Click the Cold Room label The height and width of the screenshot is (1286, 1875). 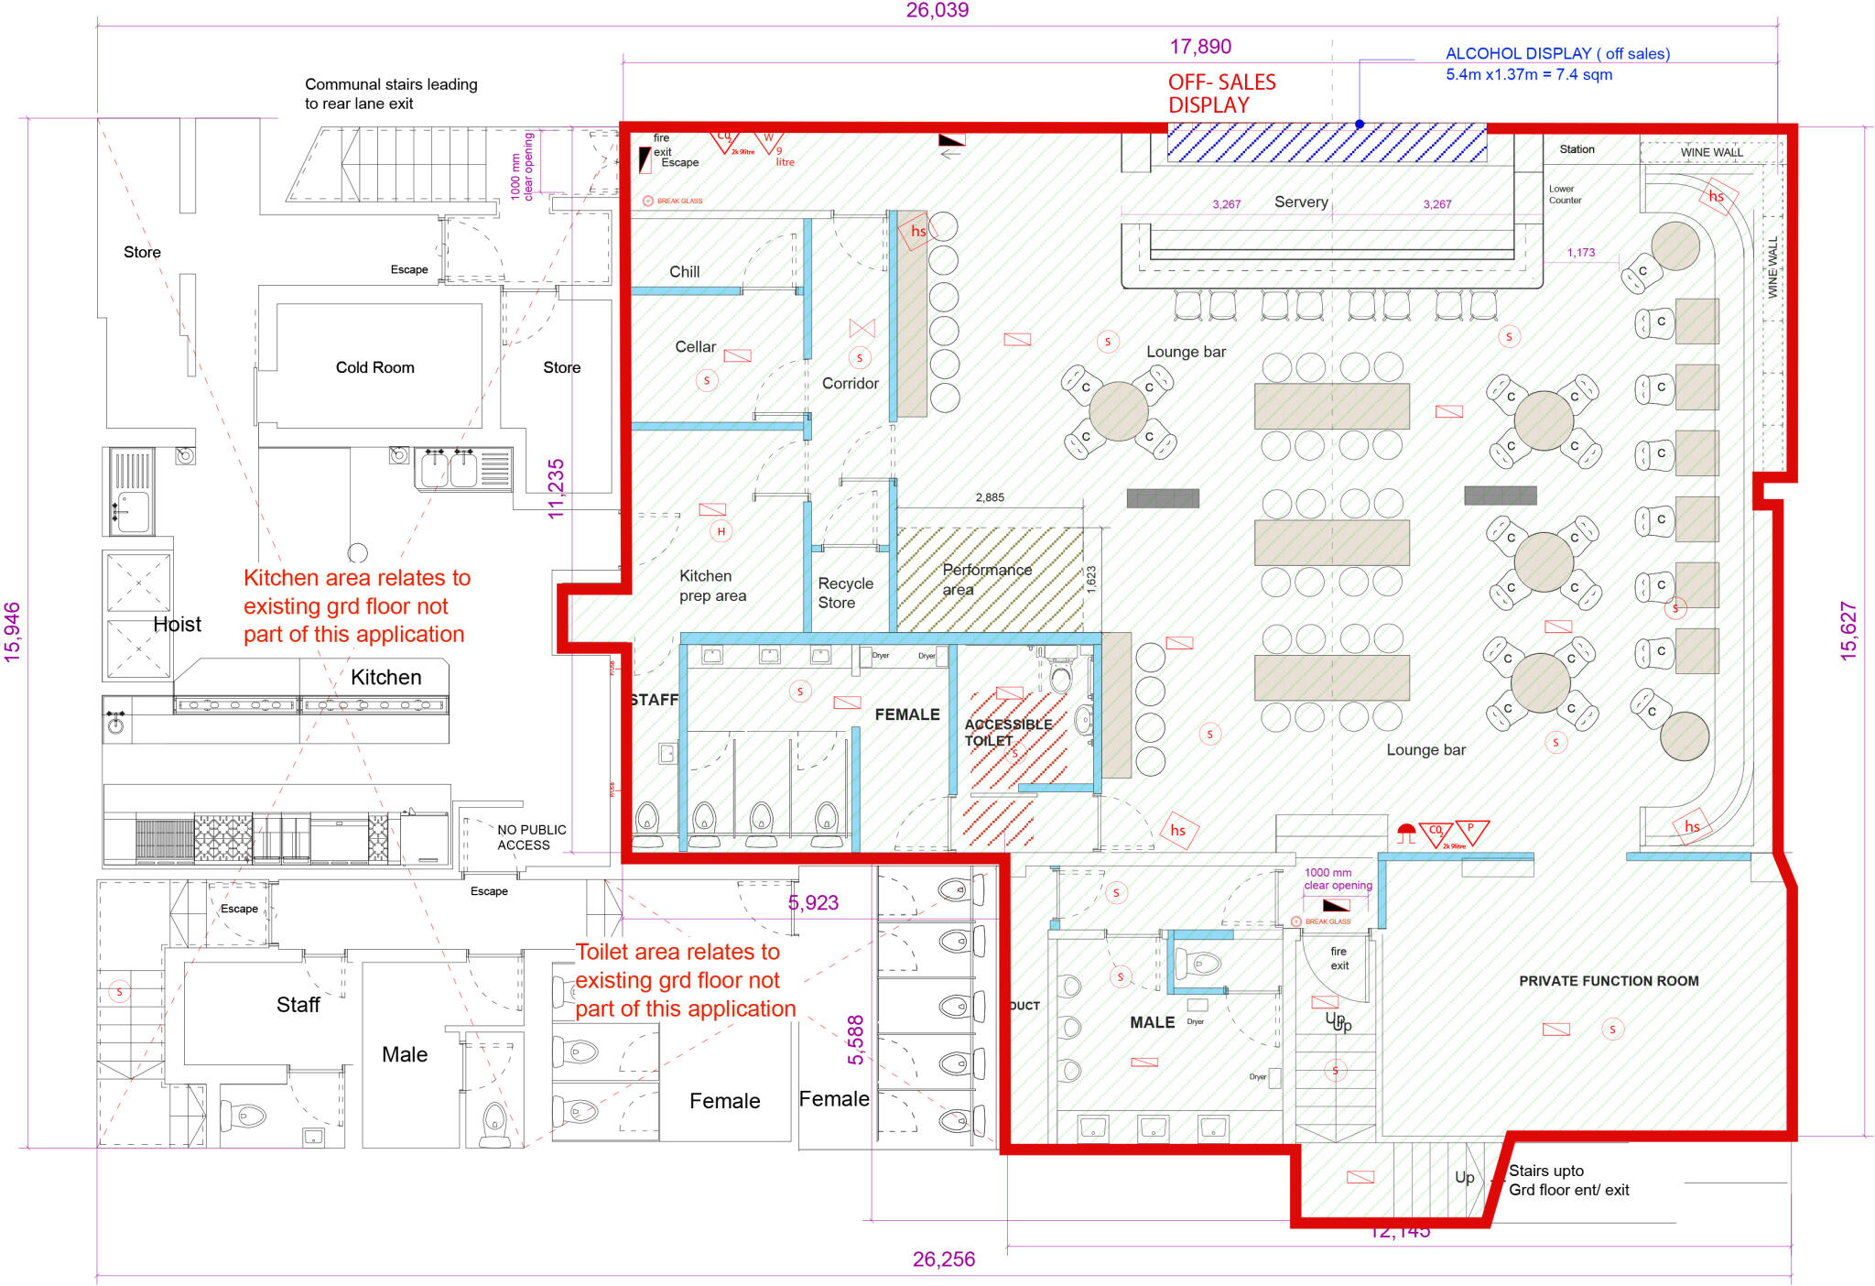click(374, 367)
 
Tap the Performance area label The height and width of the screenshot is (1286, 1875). click(986, 579)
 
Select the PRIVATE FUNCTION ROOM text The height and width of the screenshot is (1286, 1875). click(1609, 981)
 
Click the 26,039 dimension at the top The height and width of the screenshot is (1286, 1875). click(937, 10)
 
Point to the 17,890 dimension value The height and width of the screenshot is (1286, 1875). click(1200, 47)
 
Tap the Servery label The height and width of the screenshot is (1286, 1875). click(1301, 202)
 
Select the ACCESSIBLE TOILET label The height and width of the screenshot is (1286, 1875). click(1007, 732)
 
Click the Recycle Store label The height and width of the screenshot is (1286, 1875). click(845, 593)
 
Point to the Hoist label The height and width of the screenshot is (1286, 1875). click(177, 625)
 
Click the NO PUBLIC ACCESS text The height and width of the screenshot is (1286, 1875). click(530, 837)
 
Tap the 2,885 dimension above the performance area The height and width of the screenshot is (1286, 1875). click(989, 497)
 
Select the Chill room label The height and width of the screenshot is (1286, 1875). click(684, 272)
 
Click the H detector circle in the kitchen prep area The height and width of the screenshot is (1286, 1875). click(721, 531)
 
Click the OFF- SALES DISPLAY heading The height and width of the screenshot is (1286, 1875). click(1221, 93)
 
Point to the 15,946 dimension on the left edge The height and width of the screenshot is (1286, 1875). click(12, 632)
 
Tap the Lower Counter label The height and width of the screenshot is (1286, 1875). click(1565, 194)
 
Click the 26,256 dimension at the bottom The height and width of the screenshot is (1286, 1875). click(943, 1259)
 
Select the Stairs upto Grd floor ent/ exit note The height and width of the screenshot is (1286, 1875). click(1568, 1181)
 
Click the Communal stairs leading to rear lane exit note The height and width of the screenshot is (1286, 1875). click(391, 93)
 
